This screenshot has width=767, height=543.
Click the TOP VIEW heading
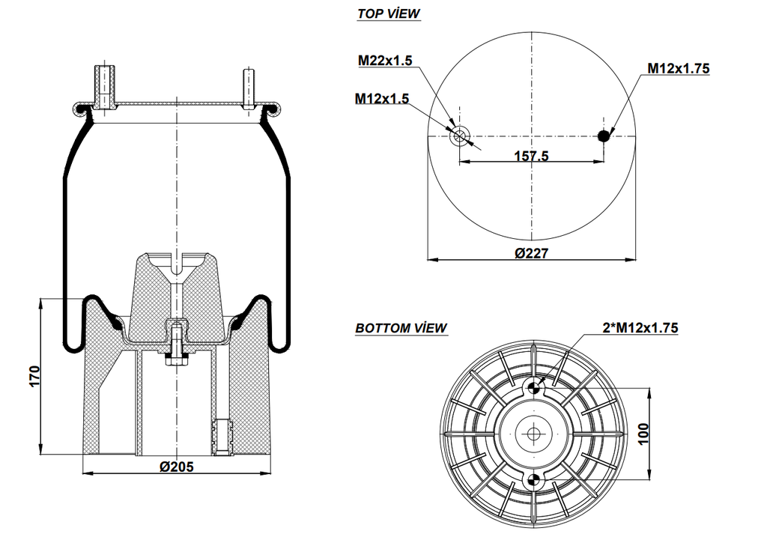pos(388,13)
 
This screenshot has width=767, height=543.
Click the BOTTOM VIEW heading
pos(401,328)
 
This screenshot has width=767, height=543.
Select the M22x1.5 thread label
pos(385,61)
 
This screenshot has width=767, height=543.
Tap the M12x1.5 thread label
pos(382,98)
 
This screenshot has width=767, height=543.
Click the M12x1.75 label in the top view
pos(678,68)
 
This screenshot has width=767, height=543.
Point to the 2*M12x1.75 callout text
pos(640,327)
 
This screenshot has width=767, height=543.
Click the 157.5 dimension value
pos(532,156)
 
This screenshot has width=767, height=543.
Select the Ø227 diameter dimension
pos(532,253)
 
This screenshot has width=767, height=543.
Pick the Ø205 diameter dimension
pos(177,467)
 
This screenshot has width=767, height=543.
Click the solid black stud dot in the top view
pos(604,136)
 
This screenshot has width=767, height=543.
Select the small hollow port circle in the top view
pos(459,136)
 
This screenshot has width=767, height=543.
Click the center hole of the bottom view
pos(533,434)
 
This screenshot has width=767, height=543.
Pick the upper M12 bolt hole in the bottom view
pos(533,387)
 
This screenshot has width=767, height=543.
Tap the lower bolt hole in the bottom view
pos(533,480)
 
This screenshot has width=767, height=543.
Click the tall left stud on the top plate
pos(103,87)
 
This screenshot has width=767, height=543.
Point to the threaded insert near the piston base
pos(222,437)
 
